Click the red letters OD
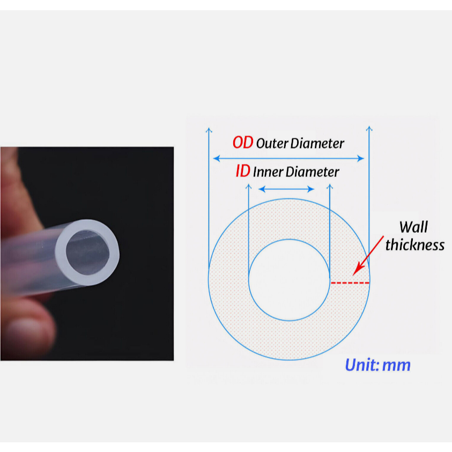click(x=242, y=143)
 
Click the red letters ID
click(x=242, y=172)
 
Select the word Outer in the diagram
click(x=272, y=144)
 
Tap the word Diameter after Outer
click(x=317, y=144)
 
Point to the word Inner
click(x=268, y=172)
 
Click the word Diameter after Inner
click(x=313, y=172)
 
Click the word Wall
click(x=413, y=227)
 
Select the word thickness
click(x=415, y=245)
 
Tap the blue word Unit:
click(x=362, y=365)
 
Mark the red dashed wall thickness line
click(x=350, y=283)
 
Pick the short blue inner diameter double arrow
click(x=286, y=189)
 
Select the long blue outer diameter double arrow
click(x=288, y=158)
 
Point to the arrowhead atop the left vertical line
click(x=209, y=130)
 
